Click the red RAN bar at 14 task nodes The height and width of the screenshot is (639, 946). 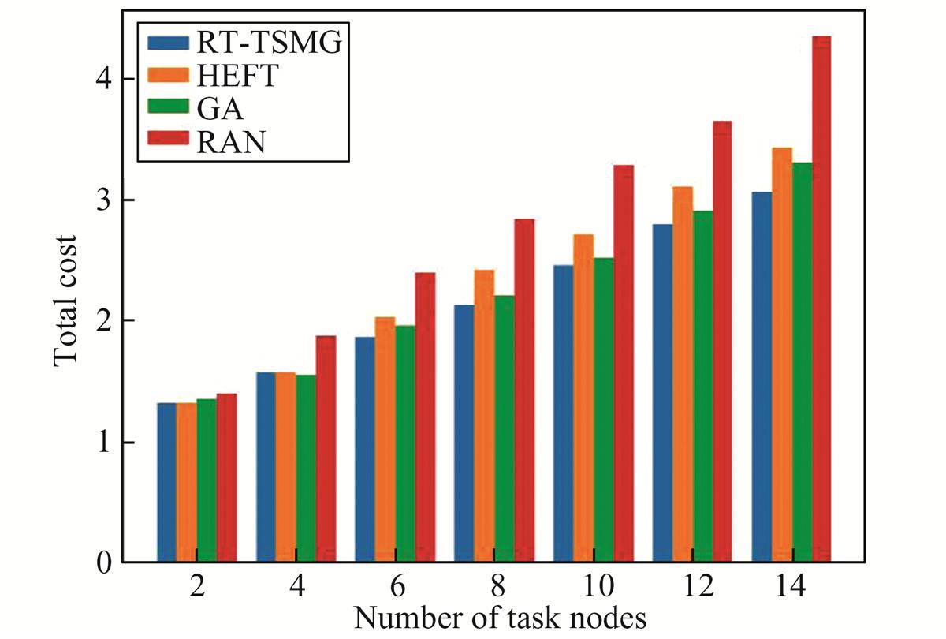coord(821,300)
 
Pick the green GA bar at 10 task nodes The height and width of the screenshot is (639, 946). coord(603,410)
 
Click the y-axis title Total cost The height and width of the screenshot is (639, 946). coord(66,300)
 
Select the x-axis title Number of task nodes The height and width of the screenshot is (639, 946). coord(500,618)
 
